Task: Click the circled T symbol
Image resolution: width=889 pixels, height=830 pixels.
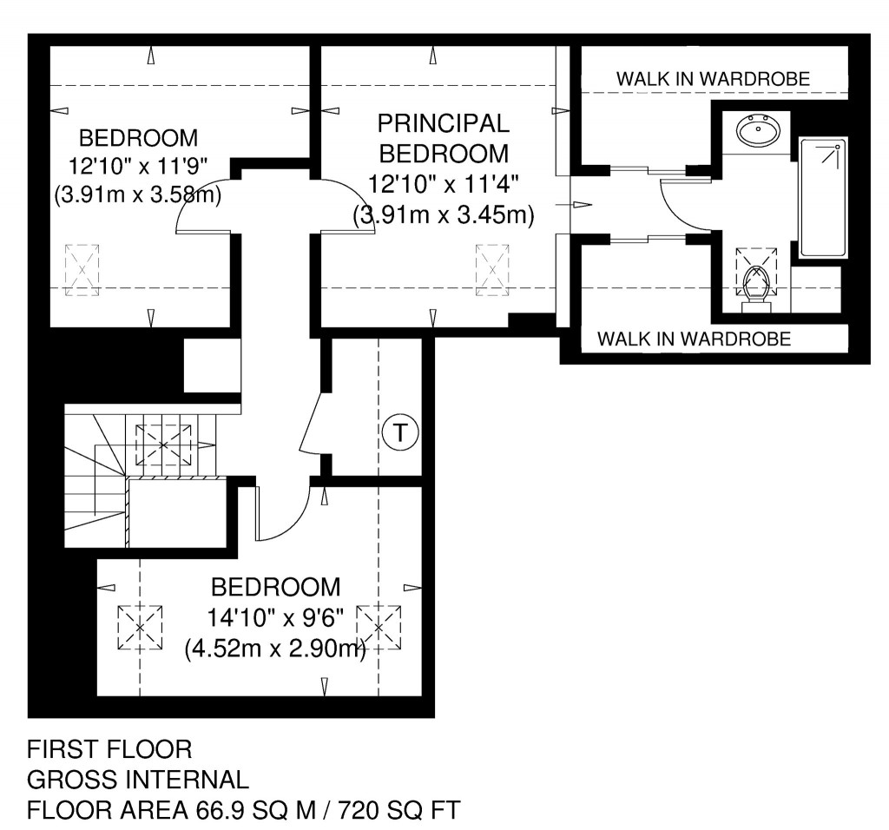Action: (x=399, y=431)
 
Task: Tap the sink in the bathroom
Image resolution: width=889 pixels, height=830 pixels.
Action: (x=758, y=133)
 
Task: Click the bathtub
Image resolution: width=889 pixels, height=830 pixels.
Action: (x=822, y=197)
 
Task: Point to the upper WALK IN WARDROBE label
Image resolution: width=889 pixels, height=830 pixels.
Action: (x=713, y=79)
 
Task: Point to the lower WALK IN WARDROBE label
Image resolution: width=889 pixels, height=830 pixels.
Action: (x=695, y=339)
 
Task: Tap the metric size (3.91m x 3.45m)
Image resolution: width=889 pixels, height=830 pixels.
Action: (x=443, y=214)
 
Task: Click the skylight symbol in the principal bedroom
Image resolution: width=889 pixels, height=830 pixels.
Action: (x=492, y=270)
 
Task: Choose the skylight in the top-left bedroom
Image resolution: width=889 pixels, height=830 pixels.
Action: (x=82, y=270)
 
